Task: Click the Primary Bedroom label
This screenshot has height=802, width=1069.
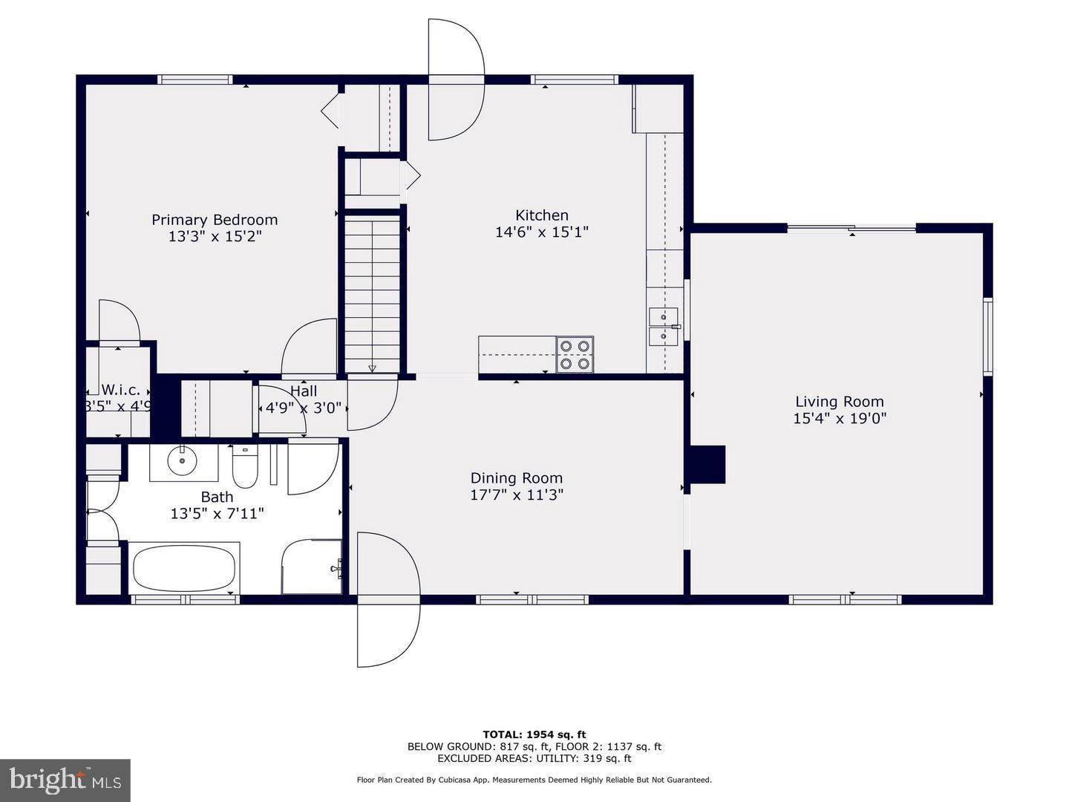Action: click(215, 220)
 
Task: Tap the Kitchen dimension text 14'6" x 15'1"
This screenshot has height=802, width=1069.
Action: click(541, 232)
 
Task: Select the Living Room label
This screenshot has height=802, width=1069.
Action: click(840, 402)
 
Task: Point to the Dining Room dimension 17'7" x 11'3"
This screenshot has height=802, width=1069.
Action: click(517, 495)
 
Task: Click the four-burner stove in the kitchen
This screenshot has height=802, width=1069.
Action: click(575, 354)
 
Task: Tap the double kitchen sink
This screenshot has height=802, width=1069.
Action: click(663, 327)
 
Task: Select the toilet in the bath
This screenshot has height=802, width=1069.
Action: click(245, 466)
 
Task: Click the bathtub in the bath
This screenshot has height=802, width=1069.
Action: click(183, 568)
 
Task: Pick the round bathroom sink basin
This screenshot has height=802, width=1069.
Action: click(181, 462)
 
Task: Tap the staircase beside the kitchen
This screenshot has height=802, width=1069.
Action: click(373, 293)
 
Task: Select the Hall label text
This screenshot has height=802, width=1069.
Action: click(304, 391)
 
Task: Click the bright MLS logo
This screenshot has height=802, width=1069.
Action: click(65, 780)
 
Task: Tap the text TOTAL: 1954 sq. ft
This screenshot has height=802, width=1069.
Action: click(534, 734)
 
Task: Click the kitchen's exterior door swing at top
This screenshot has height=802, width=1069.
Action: click(454, 80)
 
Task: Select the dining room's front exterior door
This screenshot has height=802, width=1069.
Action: click(388, 599)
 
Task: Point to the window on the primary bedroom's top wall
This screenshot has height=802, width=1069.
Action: click(195, 79)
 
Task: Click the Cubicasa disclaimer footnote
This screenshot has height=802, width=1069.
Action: click(534, 780)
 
